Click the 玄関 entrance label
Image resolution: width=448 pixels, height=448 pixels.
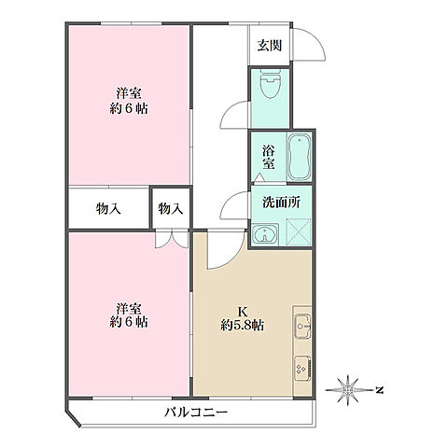(272, 46)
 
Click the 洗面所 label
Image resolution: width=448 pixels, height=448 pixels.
(280, 203)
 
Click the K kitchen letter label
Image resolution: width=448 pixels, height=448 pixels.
(241, 313)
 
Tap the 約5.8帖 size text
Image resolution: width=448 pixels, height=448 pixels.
(242, 327)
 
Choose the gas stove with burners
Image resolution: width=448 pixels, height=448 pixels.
(304, 368)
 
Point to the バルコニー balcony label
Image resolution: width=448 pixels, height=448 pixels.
(197, 411)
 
